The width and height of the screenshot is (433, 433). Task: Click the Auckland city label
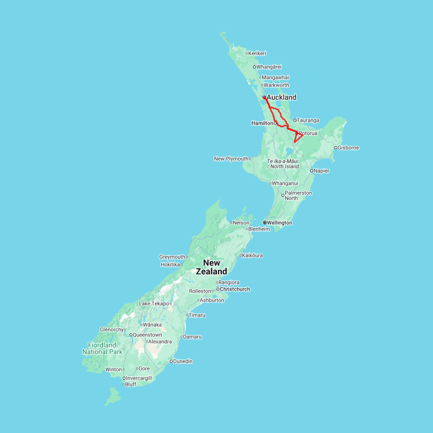tap(281, 97)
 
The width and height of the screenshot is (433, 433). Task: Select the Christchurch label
tap(235, 289)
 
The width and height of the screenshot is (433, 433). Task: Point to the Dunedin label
tap(183, 361)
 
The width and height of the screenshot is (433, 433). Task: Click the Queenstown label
tap(147, 334)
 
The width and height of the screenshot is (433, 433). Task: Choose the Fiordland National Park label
tap(102, 348)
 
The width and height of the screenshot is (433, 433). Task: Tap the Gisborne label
tap(348, 148)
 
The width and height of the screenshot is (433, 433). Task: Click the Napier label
tap(322, 170)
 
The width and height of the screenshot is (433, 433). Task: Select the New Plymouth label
tap(231, 159)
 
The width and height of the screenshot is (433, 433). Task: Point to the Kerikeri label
tap(257, 53)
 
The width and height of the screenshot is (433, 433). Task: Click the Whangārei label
tap(269, 67)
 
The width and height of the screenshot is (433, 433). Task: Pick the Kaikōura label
tap(253, 255)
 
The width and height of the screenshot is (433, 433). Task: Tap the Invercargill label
tap(139, 378)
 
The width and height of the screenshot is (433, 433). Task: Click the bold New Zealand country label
tap(212, 267)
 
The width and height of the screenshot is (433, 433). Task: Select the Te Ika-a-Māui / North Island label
tap(283, 164)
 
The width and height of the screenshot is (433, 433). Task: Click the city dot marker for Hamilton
tap(275, 123)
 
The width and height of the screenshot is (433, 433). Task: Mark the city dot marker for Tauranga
tap(295, 120)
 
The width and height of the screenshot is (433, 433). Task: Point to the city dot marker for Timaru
tap(187, 315)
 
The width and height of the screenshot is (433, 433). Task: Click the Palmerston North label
tap(298, 195)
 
